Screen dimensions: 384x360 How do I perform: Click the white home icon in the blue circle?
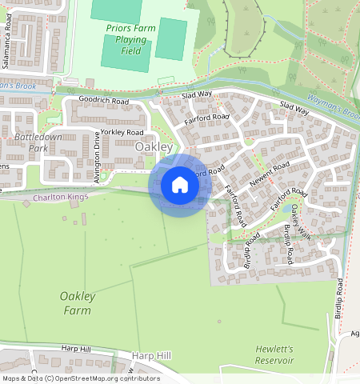(180, 185)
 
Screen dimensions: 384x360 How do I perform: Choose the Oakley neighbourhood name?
(154, 147)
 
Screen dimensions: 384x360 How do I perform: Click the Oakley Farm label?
(78, 303)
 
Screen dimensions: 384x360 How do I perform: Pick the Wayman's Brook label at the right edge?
(341, 109)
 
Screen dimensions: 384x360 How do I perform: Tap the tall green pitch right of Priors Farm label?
(170, 38)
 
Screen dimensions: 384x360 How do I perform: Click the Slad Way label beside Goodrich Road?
(197, 94)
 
